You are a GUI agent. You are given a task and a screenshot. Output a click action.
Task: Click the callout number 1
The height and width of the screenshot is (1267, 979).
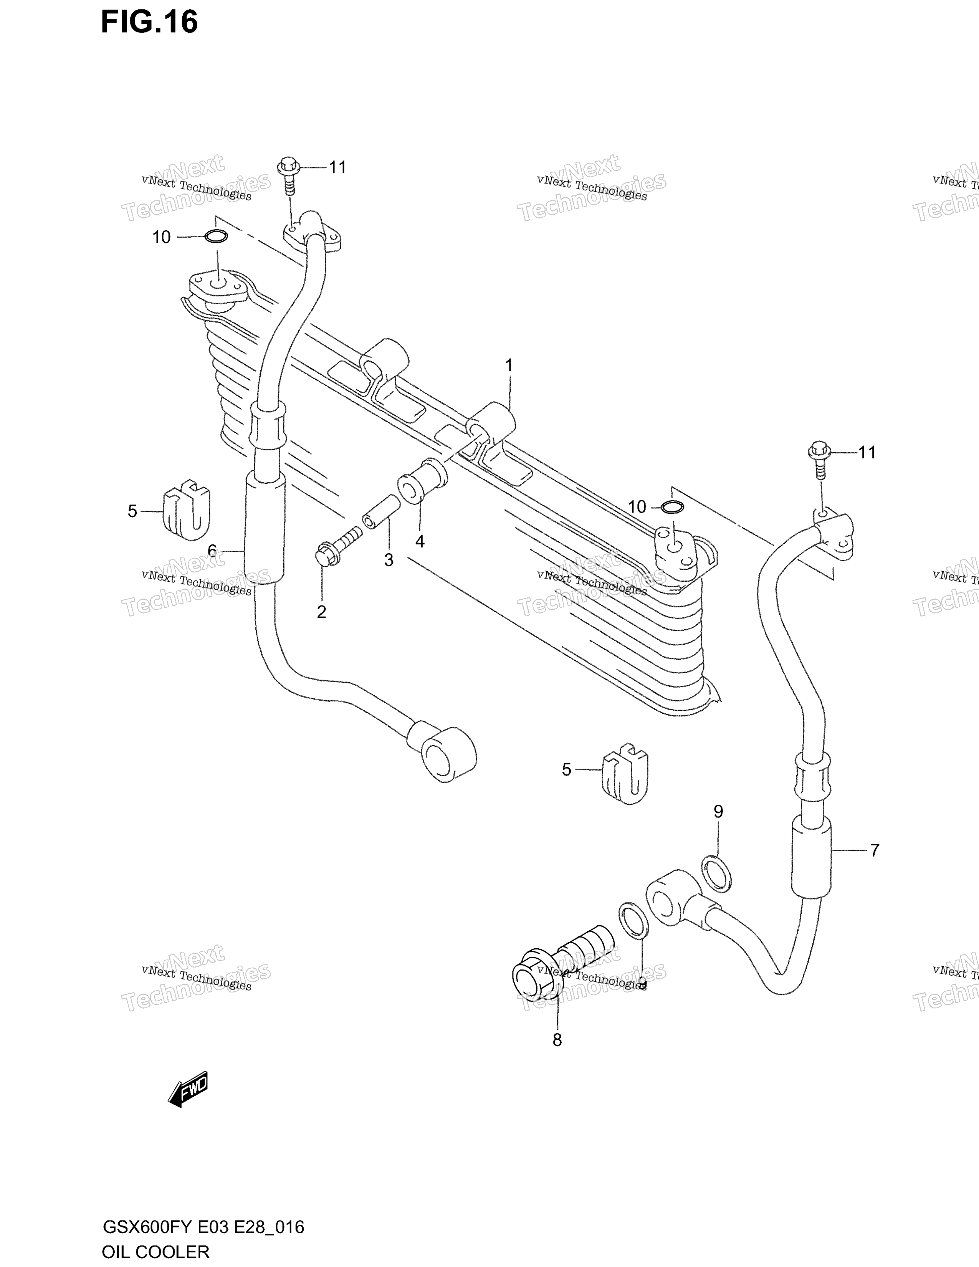(x=509, y=366)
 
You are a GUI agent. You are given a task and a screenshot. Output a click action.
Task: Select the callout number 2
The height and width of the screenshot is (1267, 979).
(x=321, y=612)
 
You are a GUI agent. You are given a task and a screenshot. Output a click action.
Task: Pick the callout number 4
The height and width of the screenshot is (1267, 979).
(x=420, y=541)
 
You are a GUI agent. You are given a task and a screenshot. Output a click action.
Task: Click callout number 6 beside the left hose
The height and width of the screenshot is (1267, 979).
(x=212, y=551)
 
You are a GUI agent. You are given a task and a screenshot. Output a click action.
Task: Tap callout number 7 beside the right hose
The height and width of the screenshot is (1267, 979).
(x=874, y=850)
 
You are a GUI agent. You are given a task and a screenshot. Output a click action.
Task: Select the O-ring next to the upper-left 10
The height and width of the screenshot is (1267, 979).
(x=216, y=236)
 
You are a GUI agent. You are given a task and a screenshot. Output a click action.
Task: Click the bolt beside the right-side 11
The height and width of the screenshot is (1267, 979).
(x=820, y=460)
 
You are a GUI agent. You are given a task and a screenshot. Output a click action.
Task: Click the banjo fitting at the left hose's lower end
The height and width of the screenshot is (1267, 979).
(x=443, y=751)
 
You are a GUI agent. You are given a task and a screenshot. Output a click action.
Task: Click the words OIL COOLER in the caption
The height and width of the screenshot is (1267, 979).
(x=155, y=1252)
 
